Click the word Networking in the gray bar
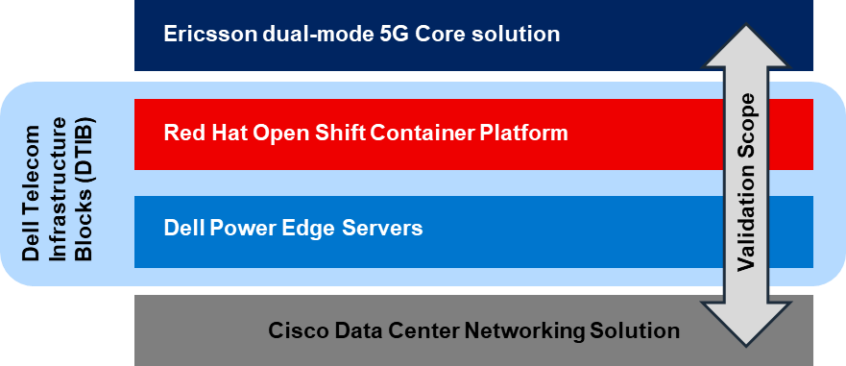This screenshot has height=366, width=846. (524, 331)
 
